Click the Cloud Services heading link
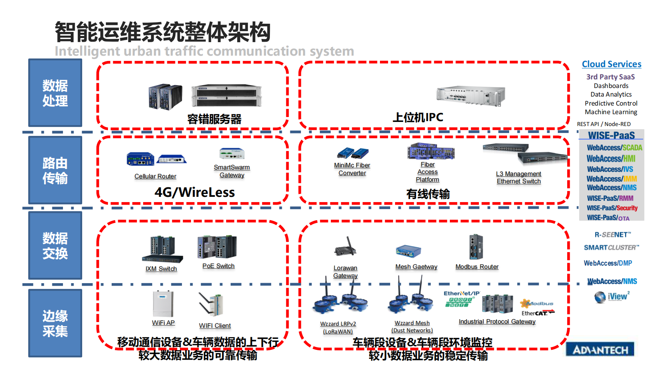point(611,64)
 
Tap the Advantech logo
point(600,350)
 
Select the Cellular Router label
point(155,176)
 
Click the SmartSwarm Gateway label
point(232,171)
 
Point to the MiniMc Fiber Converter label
point(352,169)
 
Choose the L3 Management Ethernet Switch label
point(519,178)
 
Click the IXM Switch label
point(161,269)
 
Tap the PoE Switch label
point(218,266)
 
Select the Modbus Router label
point(477,267)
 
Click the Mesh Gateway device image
point(408,251)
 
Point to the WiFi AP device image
point(163,304)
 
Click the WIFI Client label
point(215,326)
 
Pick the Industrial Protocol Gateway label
point(497,322)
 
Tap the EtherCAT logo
point(537,313)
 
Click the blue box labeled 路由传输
point(55,170)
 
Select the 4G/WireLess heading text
point(195,192)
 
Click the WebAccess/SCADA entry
point(614,148)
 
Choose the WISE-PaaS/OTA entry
point(608,218)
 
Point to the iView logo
point(612,297)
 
